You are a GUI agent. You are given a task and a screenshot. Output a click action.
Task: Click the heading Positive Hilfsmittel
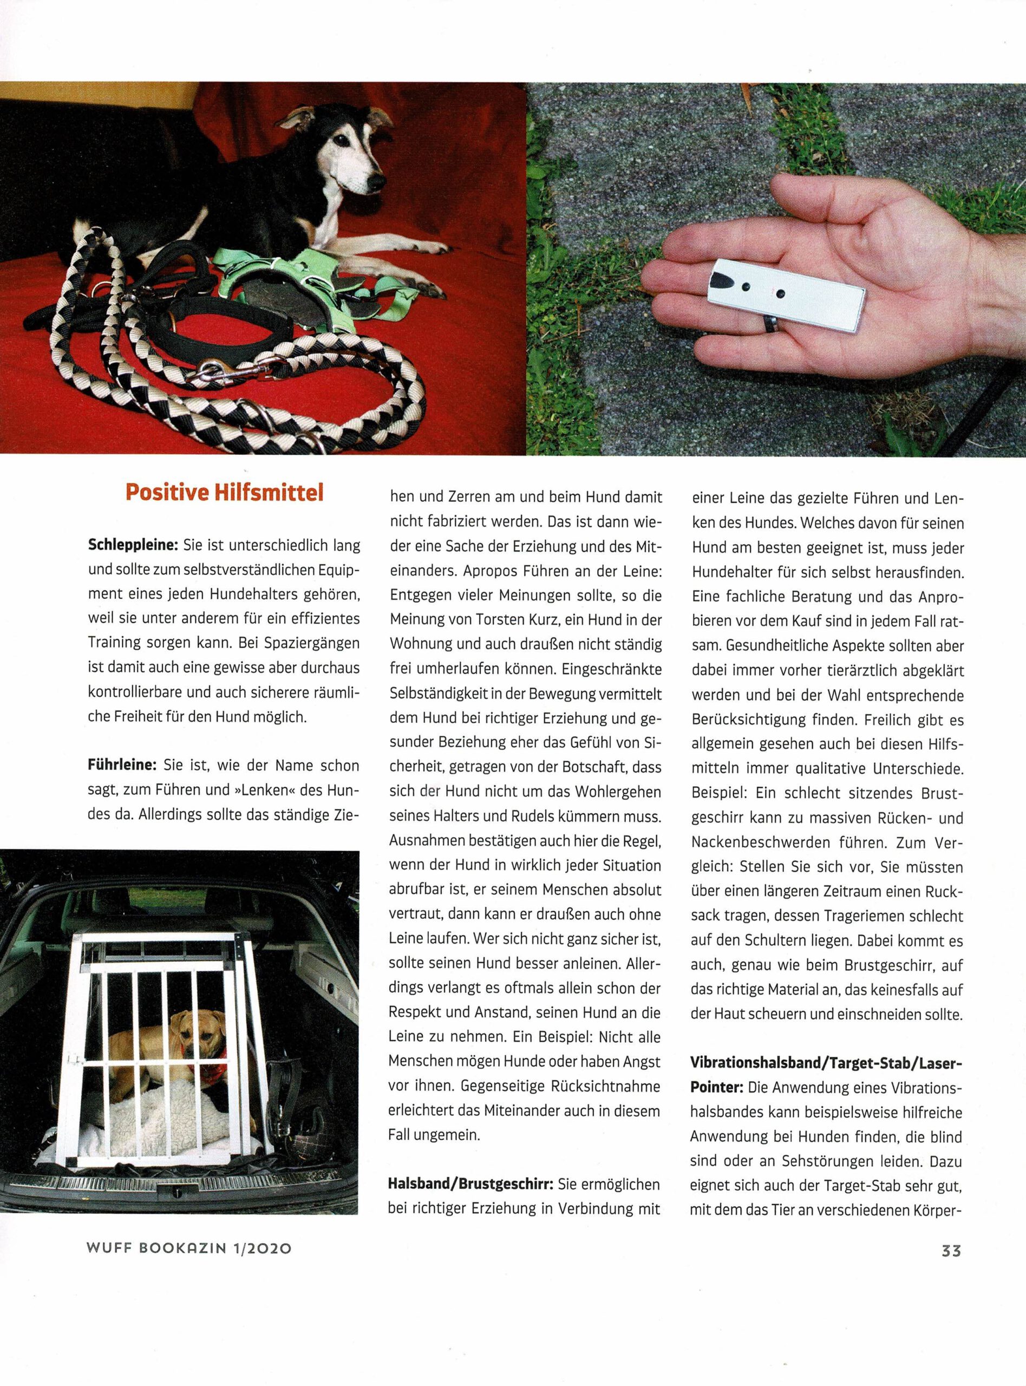coord(224,493)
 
